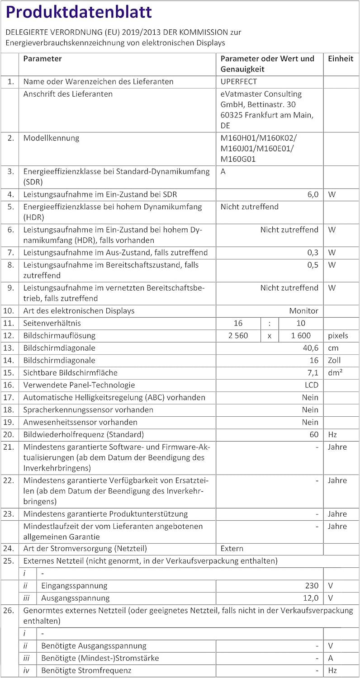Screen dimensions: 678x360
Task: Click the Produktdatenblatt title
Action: [x=79, y=13]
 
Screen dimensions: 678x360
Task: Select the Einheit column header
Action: [x=341, y=59]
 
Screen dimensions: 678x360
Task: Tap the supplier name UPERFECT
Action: [x=239, y=82]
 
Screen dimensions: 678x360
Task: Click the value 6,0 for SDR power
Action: [x=313, y=194]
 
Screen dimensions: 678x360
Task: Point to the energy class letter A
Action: [x=223, y=172]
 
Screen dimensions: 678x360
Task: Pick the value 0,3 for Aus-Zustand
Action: [x=313, y=253]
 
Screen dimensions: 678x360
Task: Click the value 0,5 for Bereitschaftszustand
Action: [x=313, y=265]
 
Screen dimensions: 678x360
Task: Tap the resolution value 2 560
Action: [x=238, y=336]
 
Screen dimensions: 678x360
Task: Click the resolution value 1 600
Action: [x=301, y=336]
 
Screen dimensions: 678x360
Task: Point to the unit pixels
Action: [x=338, y=336]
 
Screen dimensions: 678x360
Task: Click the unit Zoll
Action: [x=335, y=361]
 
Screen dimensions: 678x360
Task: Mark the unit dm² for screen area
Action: [x=336, y=373]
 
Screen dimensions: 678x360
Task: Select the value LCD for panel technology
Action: [x=312, y=385]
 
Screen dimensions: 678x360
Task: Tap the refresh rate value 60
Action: [x=314, y=435]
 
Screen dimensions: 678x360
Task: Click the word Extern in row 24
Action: [x=232, y=549]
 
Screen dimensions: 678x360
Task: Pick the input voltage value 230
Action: [x=312, y=586]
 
